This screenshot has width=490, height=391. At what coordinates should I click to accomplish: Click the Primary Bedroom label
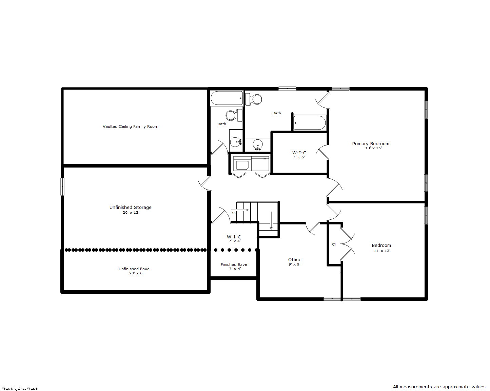[x=370, y=143]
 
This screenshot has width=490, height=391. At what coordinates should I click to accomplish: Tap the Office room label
[x=295, y=259]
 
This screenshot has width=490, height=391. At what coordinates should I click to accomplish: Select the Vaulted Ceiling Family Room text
[x=130, y=126]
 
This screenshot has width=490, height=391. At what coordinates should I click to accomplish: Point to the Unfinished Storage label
[x=130, y=207]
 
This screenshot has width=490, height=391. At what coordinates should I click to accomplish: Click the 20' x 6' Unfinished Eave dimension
[x=136, y=273]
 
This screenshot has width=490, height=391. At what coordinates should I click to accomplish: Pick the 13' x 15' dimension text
[x=373, y=148]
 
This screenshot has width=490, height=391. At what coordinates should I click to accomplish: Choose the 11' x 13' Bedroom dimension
[x=382, y=251]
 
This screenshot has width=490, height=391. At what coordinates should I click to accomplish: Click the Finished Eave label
[x=234, y=265]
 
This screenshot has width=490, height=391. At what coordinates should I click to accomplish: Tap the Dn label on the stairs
[x=233, y=213]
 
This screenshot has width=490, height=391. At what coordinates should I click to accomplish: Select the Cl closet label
[x=334, y=244]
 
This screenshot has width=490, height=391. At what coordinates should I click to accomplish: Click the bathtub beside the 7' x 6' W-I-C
[x=310, y=123]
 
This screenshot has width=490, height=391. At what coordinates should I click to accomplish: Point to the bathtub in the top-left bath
[x=227, y=98]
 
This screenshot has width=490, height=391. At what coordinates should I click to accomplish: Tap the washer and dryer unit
[x=251, y=164]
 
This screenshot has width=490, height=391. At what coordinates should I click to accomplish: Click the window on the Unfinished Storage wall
[x=62, y=187]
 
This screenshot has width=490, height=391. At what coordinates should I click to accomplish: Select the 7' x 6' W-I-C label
[x=299, y=153]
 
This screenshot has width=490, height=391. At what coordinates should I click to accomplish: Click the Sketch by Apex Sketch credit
[x=20, y=389]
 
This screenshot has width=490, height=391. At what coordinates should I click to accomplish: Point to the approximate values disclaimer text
[x=439, y=387]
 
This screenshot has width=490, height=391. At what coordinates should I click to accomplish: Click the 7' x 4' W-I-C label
[x=234, y=237]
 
